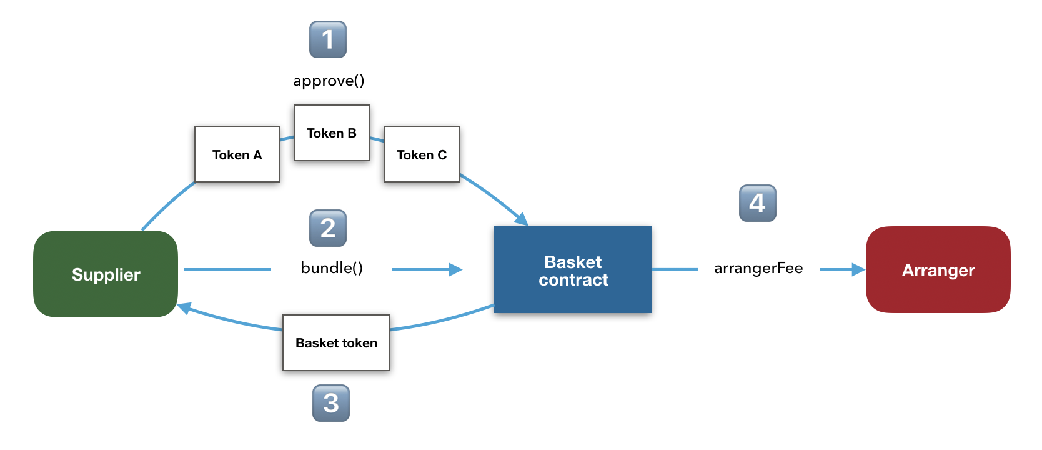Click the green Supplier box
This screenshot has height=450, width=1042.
106,274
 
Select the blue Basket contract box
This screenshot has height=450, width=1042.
573,269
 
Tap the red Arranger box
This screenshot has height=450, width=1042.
938,270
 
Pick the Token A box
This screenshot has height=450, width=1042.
237,154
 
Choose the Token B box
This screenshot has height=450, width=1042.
332,132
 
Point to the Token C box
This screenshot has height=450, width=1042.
422,154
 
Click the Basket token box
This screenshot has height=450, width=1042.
336,343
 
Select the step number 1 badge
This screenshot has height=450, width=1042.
328,39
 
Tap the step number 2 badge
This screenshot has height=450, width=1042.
328,228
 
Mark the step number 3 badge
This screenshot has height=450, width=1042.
330,403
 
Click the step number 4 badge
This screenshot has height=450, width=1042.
758,203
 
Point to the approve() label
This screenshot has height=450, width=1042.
329,81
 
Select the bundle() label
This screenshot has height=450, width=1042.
332,268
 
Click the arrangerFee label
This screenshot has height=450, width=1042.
759,269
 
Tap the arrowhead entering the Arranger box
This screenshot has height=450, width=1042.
859,269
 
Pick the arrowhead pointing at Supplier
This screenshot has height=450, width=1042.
185,308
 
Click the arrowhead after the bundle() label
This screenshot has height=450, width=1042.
455,269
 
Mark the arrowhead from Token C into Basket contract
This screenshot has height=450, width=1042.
522,219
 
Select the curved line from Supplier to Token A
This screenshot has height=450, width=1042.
167,204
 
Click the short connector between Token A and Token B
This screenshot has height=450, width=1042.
287,138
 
